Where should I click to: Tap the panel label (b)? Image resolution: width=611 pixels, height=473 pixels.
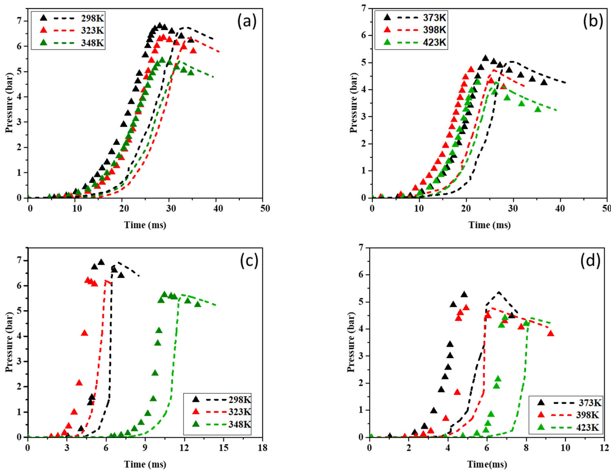click(593, 21)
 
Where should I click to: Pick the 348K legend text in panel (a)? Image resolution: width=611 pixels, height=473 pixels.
click(93, 43)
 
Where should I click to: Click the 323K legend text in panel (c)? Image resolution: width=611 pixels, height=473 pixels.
click(240, 412)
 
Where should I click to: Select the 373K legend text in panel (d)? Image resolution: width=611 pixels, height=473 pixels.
click(590, 403)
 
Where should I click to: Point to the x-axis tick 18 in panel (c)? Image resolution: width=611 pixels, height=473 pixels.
click(262, 448)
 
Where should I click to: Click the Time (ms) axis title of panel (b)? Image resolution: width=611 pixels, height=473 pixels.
click(490, 225)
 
